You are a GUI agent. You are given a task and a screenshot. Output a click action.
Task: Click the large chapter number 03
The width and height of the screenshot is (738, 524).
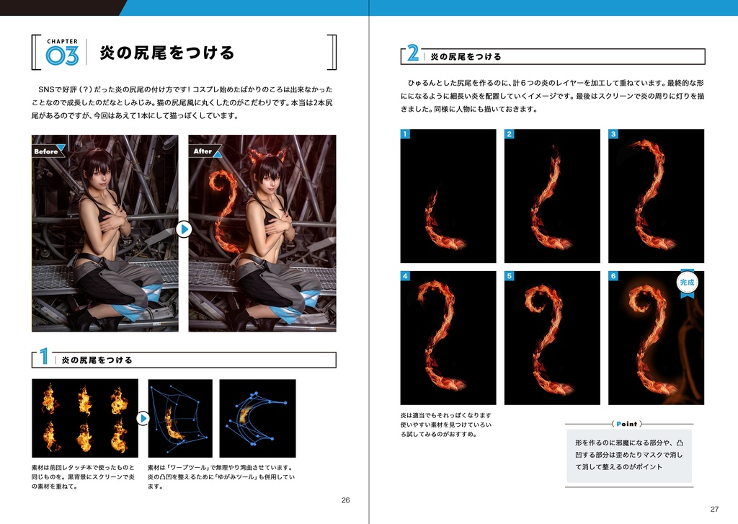pos(62,57)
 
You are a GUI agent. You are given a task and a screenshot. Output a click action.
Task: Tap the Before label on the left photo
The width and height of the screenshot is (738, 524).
pos(47,151)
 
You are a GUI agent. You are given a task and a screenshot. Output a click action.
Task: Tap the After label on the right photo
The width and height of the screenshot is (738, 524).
pos(204,151)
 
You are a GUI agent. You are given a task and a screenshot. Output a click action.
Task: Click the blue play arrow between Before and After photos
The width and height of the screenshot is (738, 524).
pos(184,229)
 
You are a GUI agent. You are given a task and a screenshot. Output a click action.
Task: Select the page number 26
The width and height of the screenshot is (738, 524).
pos(345,500)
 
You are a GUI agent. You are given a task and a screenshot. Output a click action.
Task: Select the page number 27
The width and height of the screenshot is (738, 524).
pos(714,507)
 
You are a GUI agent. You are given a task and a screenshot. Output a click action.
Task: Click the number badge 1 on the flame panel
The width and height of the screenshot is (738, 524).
pos(406,134)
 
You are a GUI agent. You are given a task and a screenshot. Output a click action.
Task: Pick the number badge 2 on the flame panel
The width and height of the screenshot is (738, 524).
pos(510,134)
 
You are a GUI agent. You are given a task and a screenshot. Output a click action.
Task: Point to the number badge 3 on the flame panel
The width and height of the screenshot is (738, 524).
pos(613,134)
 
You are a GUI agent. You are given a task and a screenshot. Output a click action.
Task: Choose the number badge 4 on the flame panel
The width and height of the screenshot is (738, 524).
pos(406,276)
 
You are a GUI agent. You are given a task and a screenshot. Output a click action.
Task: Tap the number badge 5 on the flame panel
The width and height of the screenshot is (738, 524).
pos(510,276)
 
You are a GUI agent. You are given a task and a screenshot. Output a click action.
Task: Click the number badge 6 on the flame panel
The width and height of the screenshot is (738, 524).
pos(613,276)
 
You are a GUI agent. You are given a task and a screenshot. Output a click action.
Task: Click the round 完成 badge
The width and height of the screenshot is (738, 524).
pos(687,283)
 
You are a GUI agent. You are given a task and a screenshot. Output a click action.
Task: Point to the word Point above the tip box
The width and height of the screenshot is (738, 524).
pos(628,424)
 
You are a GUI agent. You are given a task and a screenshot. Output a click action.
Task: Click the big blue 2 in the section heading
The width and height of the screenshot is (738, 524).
pos(413,54)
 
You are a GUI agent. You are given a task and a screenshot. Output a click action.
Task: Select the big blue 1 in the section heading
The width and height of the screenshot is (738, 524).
pos(44,358)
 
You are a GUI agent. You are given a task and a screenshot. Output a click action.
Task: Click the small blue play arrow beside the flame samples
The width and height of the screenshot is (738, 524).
pos(143,418)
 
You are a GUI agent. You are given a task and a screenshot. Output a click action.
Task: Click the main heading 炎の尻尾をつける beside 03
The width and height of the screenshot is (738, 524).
pos(166,53)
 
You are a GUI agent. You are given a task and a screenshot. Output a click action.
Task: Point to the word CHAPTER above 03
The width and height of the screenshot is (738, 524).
pos(63,41)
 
